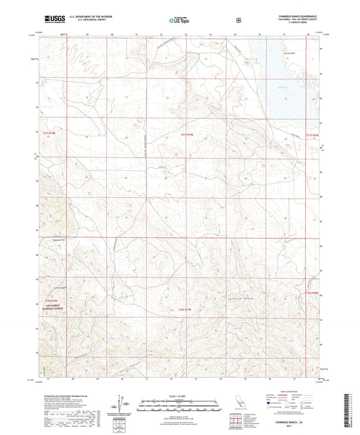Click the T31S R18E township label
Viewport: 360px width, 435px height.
point(55,134)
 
